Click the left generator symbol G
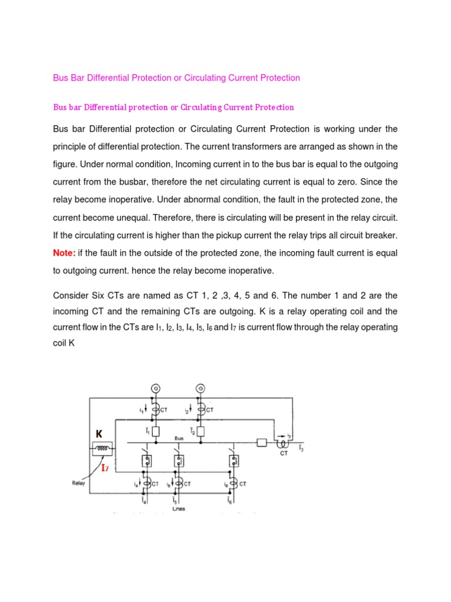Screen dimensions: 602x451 [x=156, y=388]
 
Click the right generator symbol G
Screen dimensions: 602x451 [x=201, y=388]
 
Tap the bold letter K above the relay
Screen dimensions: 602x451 [x=99, y=434]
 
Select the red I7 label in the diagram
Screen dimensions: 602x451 [x=105, y=468]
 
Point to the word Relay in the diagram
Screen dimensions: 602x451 [x=79, y=483]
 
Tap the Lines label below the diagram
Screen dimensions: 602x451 [x=179, y=509]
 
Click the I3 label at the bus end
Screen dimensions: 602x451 [x=301, y=449]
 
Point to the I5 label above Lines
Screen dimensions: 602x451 [x=175, y=500]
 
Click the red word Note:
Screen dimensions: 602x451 [x=66, y=253]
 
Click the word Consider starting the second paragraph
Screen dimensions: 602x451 [x=72, y=295]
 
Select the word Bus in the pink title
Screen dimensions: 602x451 [x=61, y=78]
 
